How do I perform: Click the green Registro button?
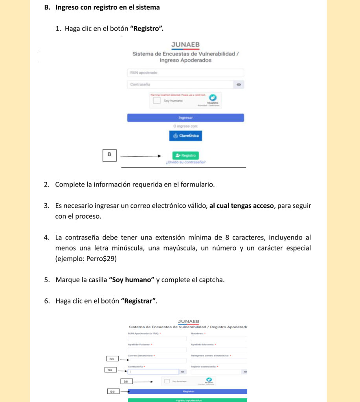tap(186, 155)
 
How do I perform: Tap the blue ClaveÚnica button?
tap(186, 136)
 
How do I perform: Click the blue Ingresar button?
tap(186, 118)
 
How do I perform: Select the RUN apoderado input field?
tap(186, 73)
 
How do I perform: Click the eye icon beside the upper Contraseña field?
tap(239, 85)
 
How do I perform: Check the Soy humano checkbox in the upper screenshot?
tap(156, 100)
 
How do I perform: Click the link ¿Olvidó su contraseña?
tap(186, 162)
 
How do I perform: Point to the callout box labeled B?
tap(110, 155)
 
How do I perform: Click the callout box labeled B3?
tap(112, 359)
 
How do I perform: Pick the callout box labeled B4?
tap(110, 370)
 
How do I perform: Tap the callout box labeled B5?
tap(126, 381)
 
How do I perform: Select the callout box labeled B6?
tap(112, 391)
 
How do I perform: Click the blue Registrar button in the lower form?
tap(188, 391)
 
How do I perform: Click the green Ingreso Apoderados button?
tap(188, 400)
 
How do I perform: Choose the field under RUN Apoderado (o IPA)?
tap(157, 338)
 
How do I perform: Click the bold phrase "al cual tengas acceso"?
tap(242, 206)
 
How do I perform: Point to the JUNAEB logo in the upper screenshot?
tap(186, 46)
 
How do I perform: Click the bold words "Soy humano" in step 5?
tap(132, 280)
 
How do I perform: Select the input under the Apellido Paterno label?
tap(157, 349)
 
